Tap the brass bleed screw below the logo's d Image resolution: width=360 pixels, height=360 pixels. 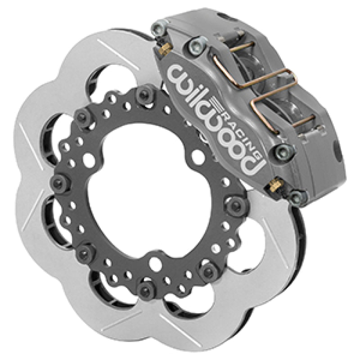point(273,184)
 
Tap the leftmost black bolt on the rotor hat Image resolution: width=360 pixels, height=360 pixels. point(58,181)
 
